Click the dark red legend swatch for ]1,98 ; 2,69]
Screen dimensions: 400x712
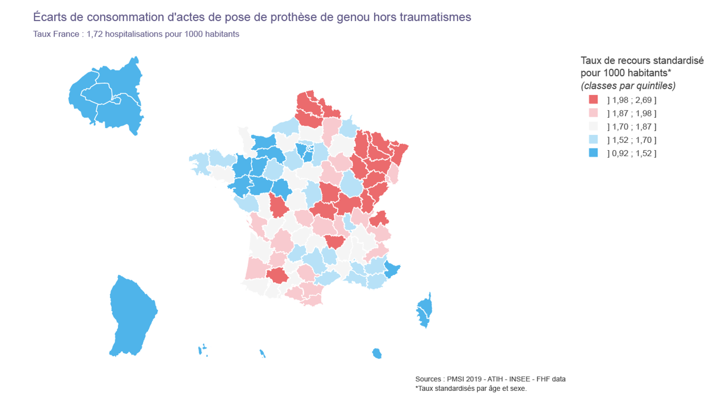coord(594,100)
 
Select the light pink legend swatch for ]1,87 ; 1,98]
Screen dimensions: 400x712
coord(594,113)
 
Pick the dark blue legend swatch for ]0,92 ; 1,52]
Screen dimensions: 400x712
coord(594,153)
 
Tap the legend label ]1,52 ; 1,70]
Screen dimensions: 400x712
coord(632,140)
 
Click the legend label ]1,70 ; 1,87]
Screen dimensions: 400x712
coord(632,127)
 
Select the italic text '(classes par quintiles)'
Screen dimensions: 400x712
coord(628,86)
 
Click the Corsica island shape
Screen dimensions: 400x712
coord(424,311)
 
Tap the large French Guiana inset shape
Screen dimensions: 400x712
coord(132,316)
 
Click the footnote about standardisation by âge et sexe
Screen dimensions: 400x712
coord(471,389)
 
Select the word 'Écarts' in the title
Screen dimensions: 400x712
coord(50,18)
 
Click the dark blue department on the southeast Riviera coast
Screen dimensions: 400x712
coord(392,270)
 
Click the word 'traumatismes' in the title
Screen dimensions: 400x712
coord(437,18)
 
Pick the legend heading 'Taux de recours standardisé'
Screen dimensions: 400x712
coord(642,61)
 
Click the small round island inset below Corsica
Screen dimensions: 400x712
coord(377,354)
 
